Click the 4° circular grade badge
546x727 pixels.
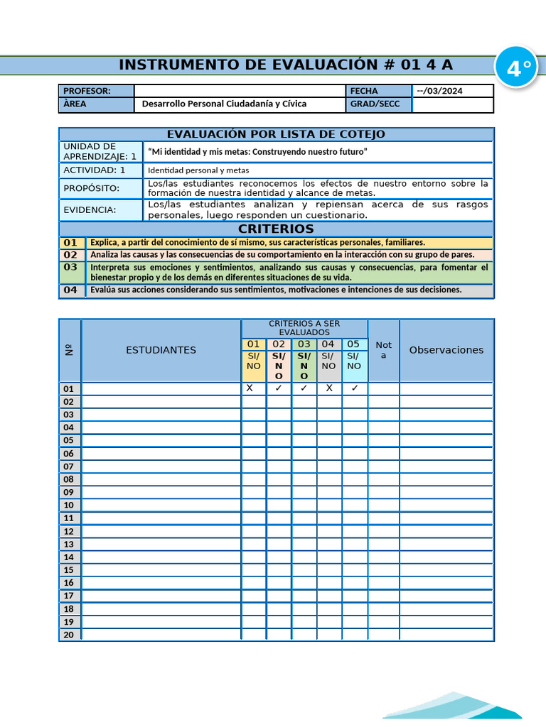click(518, 69)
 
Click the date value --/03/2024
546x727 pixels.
click(439, 91)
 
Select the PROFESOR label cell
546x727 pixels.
click(96, 91)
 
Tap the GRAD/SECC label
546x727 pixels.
click(375, 104)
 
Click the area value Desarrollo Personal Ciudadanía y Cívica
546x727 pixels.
click(224, 104)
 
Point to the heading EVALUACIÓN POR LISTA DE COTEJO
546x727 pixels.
click(276, 134)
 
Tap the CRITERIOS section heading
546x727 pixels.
click(276, 229)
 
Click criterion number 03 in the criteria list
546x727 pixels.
click(70, 268)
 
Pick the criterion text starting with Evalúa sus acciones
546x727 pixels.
click(276, 290)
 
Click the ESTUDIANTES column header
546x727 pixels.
click(161, 350)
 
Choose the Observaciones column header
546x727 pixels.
click(446, 350)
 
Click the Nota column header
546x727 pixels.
click(383, 350)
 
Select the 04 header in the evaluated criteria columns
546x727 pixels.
click(328, 344)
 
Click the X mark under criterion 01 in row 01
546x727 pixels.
click(250, 388)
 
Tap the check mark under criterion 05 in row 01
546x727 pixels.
click(354, 388)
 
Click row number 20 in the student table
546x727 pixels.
click(69, 635)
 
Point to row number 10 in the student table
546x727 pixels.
click(69, 505)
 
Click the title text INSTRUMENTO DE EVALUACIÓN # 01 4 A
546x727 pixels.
click(285, 65)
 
